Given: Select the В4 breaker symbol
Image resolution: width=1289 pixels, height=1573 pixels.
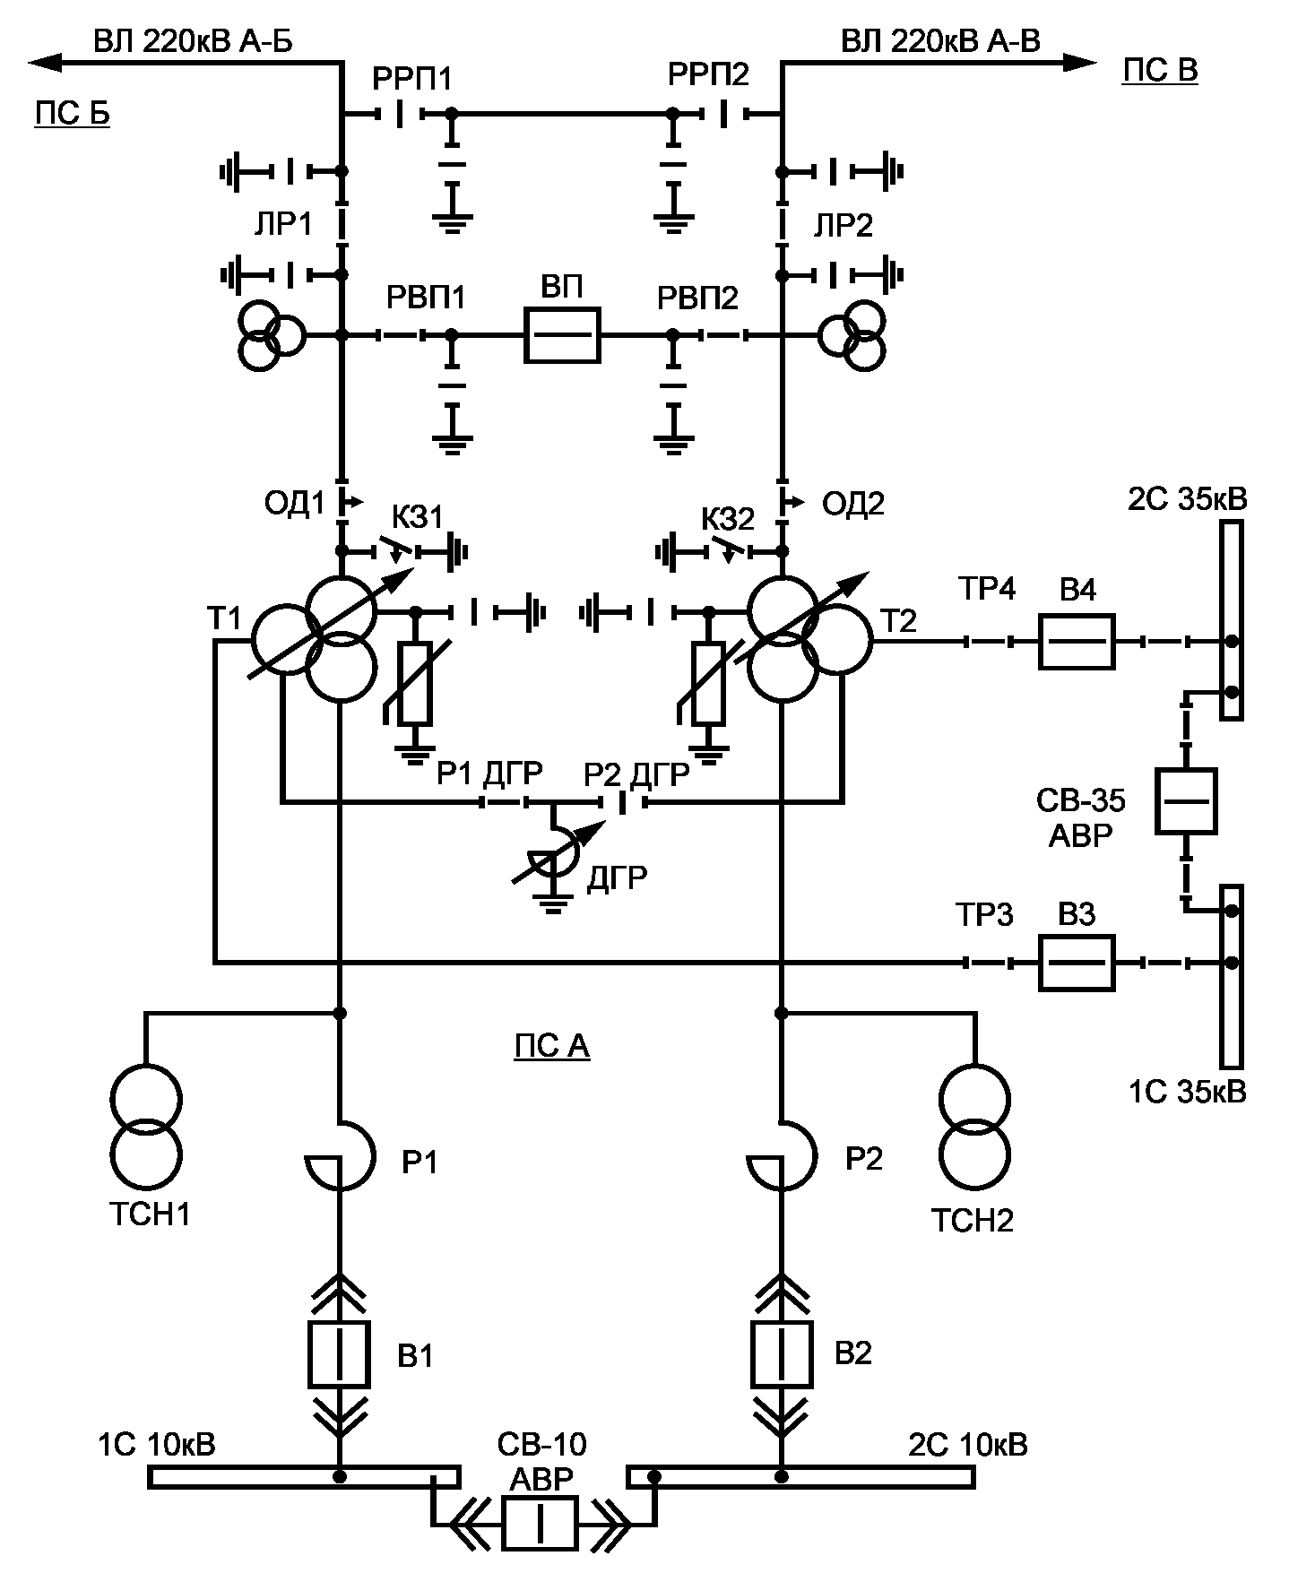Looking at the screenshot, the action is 1077,642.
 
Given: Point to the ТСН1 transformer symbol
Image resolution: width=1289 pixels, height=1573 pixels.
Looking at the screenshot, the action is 146,1130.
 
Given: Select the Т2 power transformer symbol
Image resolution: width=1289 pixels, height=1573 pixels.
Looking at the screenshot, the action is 809,638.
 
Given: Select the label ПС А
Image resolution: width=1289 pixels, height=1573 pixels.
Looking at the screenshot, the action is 552,1047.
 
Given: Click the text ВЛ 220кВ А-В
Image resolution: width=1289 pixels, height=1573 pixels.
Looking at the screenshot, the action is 940,40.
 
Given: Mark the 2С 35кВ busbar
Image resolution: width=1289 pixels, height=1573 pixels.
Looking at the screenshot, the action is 1232,620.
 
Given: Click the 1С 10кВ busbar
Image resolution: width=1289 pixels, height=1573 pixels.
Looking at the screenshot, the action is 304,1476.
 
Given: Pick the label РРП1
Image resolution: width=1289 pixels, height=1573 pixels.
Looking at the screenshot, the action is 412,79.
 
